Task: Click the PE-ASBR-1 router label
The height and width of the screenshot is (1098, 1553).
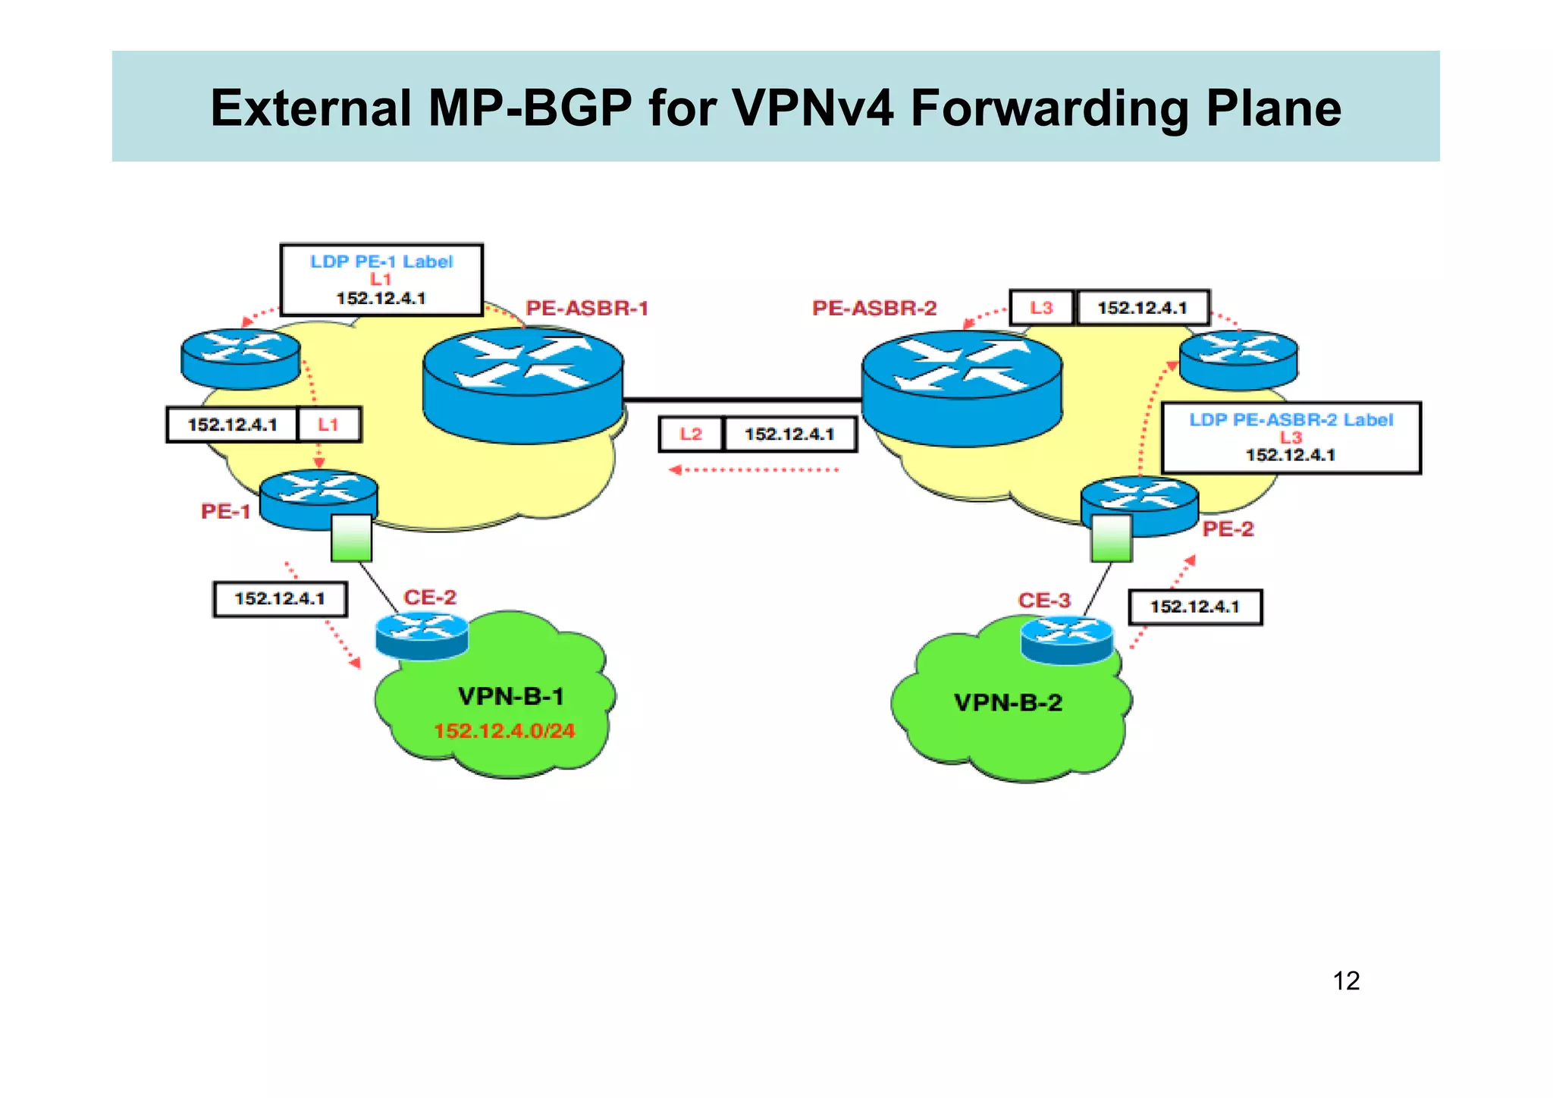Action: pyautogui.click(x=587, y=308)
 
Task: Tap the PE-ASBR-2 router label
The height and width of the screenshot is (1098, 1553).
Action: pyautogui.click(x=874, y=308)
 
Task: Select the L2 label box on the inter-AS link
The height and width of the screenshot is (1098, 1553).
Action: pyautogui.click(x=691, y=434)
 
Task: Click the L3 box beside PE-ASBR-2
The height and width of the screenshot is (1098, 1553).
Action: pyautogui.click(x=1041, y=308)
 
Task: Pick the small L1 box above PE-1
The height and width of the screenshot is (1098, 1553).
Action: pyautogui.click(x=328, y=425)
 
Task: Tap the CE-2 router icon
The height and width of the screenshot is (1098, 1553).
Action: pyautogui.click(x=422, y=635)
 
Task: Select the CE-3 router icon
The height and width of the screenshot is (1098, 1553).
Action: pyautogui.click(x=1066, y=639)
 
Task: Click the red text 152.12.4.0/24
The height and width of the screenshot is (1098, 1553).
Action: pyautogui.click(x=504, y=731)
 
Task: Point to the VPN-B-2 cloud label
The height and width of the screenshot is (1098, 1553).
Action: pyautogui.click(x=1008, y=703)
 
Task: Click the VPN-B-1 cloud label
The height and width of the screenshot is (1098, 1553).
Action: pyautogui.click(x=511, y=696)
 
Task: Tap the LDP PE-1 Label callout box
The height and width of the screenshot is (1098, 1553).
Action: pyautogui.click(x=381, y=280)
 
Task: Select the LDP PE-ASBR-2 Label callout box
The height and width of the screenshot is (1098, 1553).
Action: pyautogui.click(x=1291, y=438)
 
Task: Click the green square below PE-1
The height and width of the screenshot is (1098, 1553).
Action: pyautogui.click(x=352, y=538)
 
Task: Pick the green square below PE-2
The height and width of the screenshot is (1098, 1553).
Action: pyautogui.click(x=1111, y=538)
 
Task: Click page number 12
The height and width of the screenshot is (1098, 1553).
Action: pyautogui.click(x=1346, y=981)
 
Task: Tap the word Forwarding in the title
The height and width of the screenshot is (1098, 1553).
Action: pyautogui.click(x=1049, y=108)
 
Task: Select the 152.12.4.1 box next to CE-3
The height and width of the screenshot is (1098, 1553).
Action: pyautogui.click(x=1195, y=607)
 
